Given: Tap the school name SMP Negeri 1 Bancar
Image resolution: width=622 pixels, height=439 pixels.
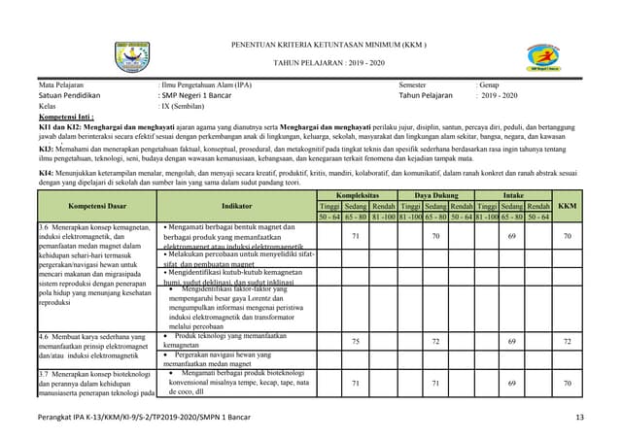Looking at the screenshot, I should (x=204, y=95).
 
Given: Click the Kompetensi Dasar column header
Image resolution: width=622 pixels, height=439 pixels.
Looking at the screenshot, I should (x=95, y=206).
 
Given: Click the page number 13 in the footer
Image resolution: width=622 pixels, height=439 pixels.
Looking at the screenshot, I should (x=579, y=418).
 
